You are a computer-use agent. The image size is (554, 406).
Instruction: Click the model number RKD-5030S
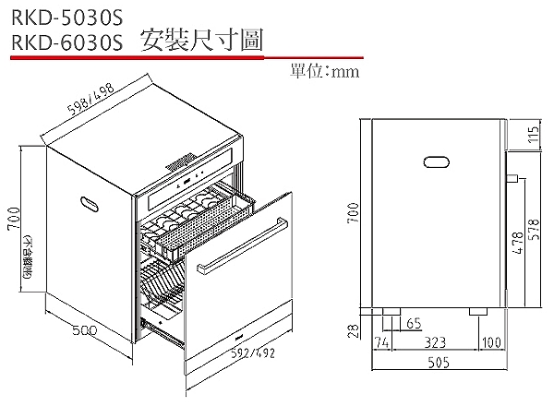tap(64, 18)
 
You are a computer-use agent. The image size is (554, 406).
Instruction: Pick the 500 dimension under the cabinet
tap(84, 329)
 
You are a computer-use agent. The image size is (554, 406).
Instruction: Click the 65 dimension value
tap(412, 324)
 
